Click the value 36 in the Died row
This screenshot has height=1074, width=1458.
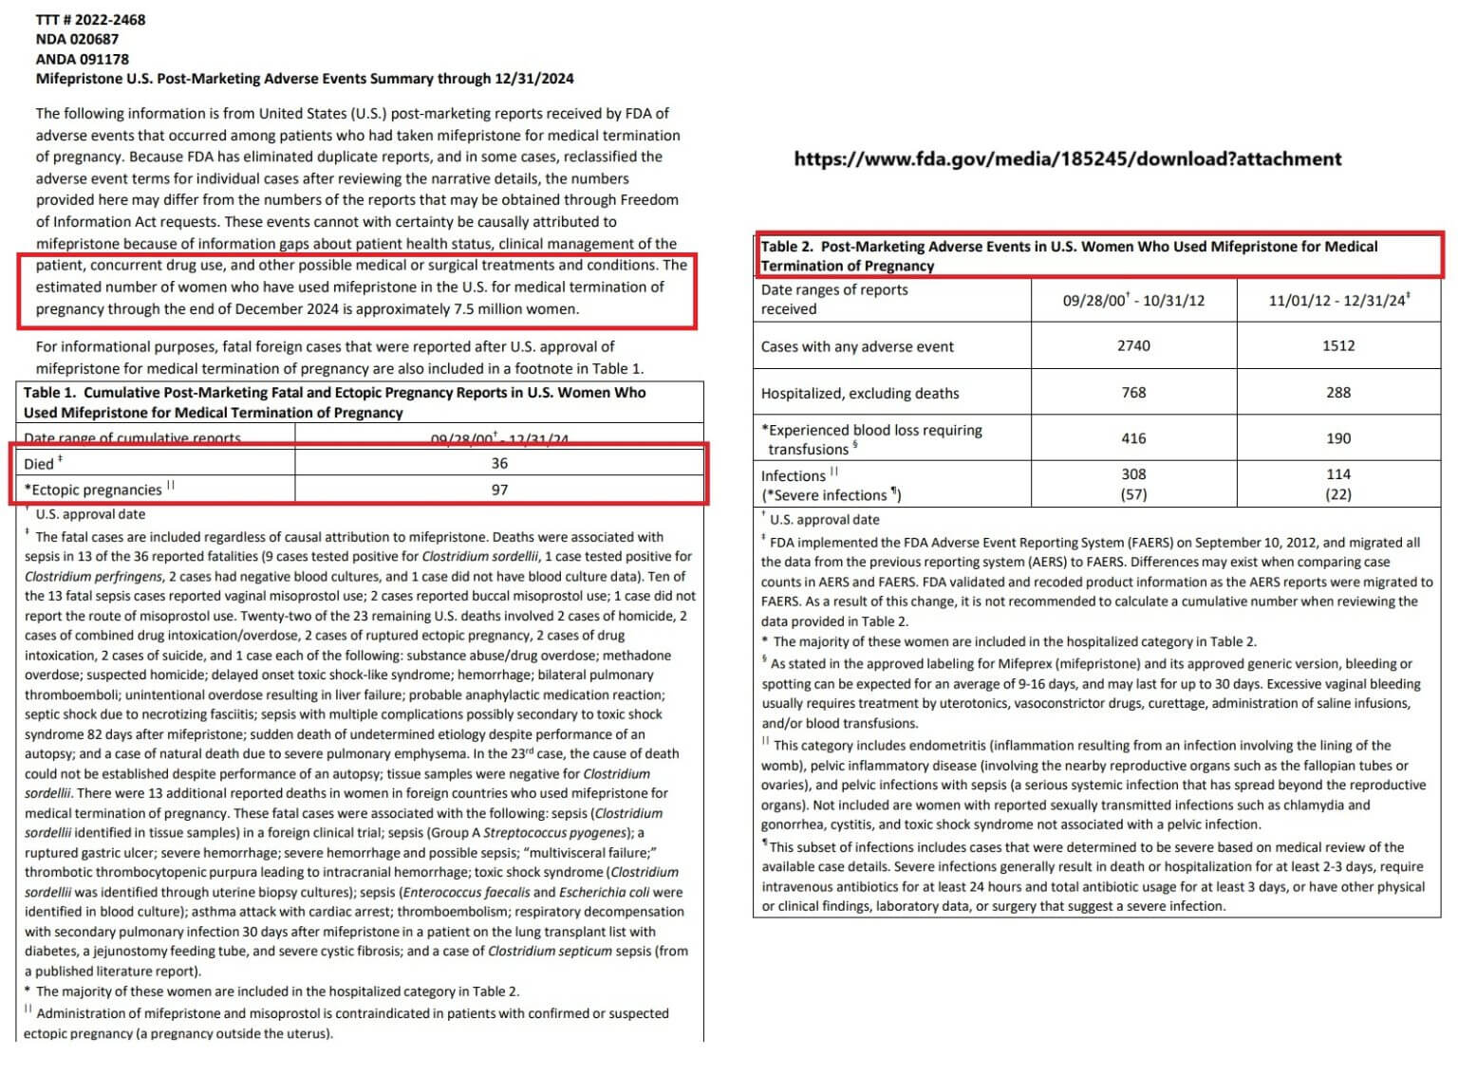click(x=499, y=463)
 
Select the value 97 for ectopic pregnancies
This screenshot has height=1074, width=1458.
click(x=499, y=490)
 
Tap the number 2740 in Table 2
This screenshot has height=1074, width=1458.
click(x=1133, y=345)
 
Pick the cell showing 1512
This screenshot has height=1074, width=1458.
click(x=1338, y=345)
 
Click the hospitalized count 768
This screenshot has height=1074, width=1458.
click(x=1133, y=392)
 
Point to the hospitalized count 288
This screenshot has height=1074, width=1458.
click(x=1338, y=392)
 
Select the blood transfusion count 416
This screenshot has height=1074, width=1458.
click(x=1133, y=438)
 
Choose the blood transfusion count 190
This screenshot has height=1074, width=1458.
click(x=1338, y=438)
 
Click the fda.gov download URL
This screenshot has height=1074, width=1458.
click(x=1068, y=158)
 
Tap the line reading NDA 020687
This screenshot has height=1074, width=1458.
click(x=77, y=39)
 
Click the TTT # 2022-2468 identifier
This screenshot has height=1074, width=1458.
click(x=91, y=19)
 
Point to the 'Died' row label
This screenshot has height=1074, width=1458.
click(x=40, y=464)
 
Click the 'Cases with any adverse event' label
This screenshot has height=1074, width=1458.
click(x=857, y=346)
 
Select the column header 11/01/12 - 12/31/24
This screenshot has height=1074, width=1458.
click(x=1338, y=300)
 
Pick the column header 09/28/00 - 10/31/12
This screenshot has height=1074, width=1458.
click(x=1133, y=300)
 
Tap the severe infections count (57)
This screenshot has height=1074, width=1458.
click(x=1133, y=494)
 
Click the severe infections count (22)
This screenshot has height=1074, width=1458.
click(x=1338, y=494)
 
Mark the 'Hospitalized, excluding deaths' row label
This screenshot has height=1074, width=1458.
click(x=860, y=393)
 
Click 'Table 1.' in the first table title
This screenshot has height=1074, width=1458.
click(x=50, y=392)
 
